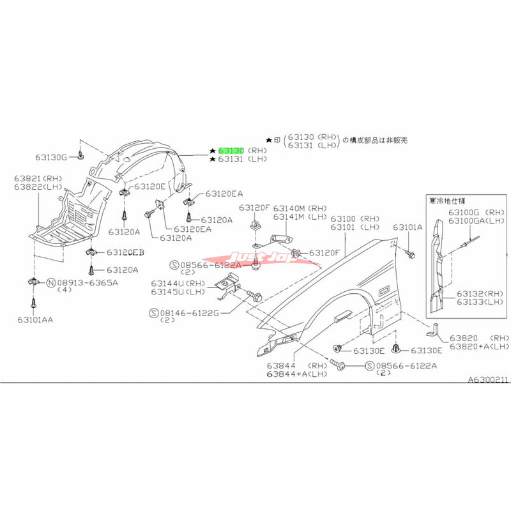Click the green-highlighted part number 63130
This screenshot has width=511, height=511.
231,150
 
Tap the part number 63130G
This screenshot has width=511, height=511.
54,157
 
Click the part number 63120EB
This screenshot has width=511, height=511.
125,253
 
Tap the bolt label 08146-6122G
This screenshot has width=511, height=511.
188,313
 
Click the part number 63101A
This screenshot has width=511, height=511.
408,227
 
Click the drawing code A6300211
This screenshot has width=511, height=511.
488,379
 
